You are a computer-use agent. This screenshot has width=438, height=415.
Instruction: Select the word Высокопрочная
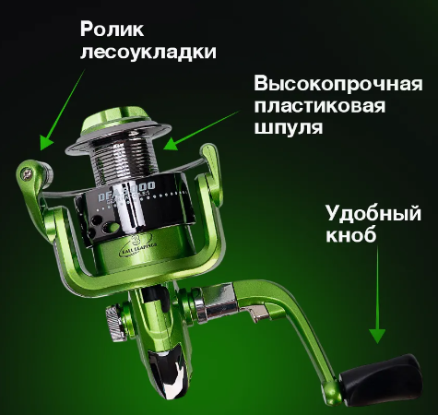[339, 84]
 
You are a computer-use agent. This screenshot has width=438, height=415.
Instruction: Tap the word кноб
[351, 239]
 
